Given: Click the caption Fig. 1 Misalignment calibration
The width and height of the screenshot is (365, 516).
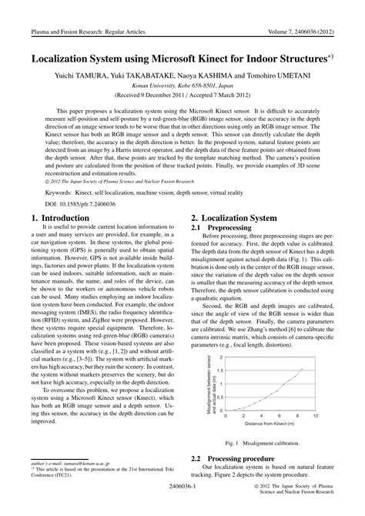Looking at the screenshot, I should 263,443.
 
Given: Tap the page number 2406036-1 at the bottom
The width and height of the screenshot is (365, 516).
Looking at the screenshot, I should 182,488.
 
